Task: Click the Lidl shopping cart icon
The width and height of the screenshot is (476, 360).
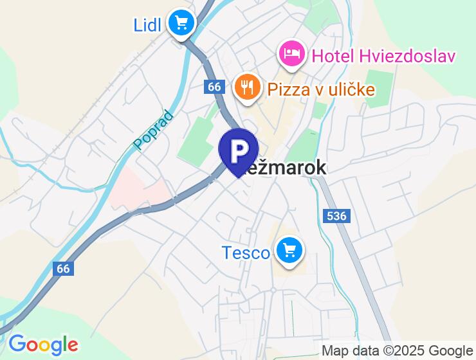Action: pyautogui.click(x=181, y=24)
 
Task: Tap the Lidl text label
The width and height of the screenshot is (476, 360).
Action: pyautogui.click(x=147, y=25)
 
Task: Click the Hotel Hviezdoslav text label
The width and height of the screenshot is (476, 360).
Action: pyautogui.click(x=383, y=56)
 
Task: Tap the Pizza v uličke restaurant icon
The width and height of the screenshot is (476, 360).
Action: pyautogui.click(x=247, y=87)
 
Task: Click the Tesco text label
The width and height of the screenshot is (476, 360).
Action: pyautogui.click(x=246, y=253)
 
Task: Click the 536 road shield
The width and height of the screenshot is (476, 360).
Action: pyautogui.click(x=337, y=216)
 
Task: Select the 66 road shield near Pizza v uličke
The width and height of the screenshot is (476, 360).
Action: pyautogui.click(x=215, y=87)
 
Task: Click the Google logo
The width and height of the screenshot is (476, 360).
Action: pyautogui.click(x=43, y=344)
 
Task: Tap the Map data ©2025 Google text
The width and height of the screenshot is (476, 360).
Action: pyautogui.click(x=396, y=350)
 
